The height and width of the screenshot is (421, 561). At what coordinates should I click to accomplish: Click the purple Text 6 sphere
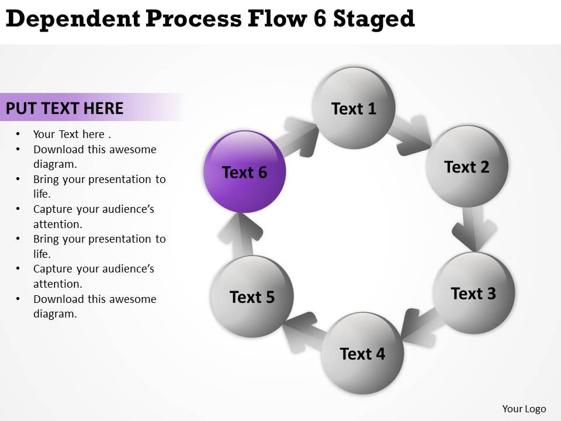click(x=244, y=172)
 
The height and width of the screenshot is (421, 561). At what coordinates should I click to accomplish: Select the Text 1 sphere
click(x=354, y=108)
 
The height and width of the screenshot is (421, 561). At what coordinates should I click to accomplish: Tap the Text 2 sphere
click(x=466, y=167)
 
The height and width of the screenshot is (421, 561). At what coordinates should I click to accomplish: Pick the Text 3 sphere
click(x=473, y=293)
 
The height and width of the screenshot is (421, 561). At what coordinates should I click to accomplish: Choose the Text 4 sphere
click(x=362, y=353)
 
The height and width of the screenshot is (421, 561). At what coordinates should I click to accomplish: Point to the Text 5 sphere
click(x=252, y=297)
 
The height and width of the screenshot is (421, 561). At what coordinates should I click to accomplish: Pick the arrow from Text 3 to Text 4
click(x=420, y=328)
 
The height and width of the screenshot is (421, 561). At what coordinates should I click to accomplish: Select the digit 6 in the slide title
click(x=320, y=19)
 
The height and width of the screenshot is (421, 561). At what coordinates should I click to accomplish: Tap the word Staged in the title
click(x=374, y=20)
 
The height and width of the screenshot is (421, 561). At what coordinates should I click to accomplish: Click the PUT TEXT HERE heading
click(x=65, y=108)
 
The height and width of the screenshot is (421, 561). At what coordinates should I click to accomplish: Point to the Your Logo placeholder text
click(x=524, y=409)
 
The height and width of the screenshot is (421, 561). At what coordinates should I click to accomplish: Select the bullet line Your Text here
click(x=68, y=134)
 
